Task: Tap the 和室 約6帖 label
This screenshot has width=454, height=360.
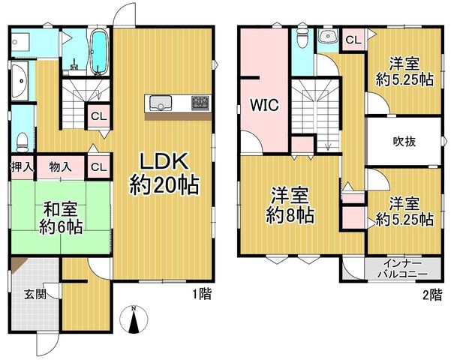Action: (x=61, y=218)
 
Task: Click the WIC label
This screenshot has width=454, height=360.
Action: (x=265, y=105)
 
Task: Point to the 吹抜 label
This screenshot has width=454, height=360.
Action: (x=404, y=142)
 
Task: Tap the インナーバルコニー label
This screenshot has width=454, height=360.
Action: (x=402, y=268)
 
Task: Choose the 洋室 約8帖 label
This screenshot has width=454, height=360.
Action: (x=290, y=205)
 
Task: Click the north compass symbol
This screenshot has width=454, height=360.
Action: (x=134, y=319)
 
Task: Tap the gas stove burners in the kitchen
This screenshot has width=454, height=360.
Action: (x=200, y=103)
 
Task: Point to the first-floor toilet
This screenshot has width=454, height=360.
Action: (x=23, y=142)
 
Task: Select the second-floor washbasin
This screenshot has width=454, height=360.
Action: (x=329, y=37)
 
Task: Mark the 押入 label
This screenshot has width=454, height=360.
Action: (x=22, y=167)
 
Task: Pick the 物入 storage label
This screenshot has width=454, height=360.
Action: (x=60, y=167)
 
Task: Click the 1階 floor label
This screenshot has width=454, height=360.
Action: (x=203, y=294)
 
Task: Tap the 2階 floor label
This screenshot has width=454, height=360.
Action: (x=432, y=295)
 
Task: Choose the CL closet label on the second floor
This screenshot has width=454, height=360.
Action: (x=353, y=40)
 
